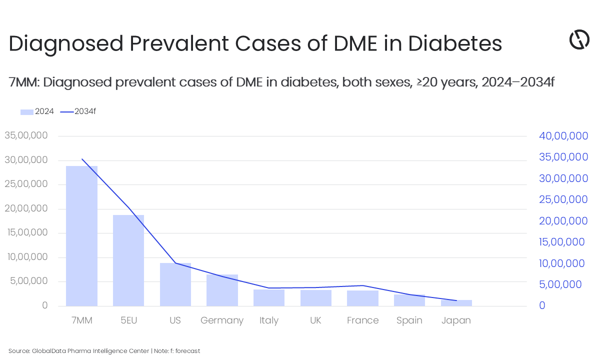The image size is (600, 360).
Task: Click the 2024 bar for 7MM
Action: [81, 235]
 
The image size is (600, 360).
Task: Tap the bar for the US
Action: [175, 284]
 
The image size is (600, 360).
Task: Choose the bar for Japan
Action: [456, 303]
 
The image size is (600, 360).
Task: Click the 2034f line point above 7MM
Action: [82, 159]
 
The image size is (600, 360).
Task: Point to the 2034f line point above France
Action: [362, 285]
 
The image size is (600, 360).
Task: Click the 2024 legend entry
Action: [37, 111]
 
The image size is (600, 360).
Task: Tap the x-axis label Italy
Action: [269, 320]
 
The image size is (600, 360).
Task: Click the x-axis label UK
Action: [315, 320]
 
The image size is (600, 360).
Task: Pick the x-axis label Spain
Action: [409, 320]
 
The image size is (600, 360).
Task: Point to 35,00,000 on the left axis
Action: [26, 135]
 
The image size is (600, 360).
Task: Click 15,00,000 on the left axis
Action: [26, 232]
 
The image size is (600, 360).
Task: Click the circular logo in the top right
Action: [579, 39]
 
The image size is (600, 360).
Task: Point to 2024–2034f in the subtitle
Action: [517, 82]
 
